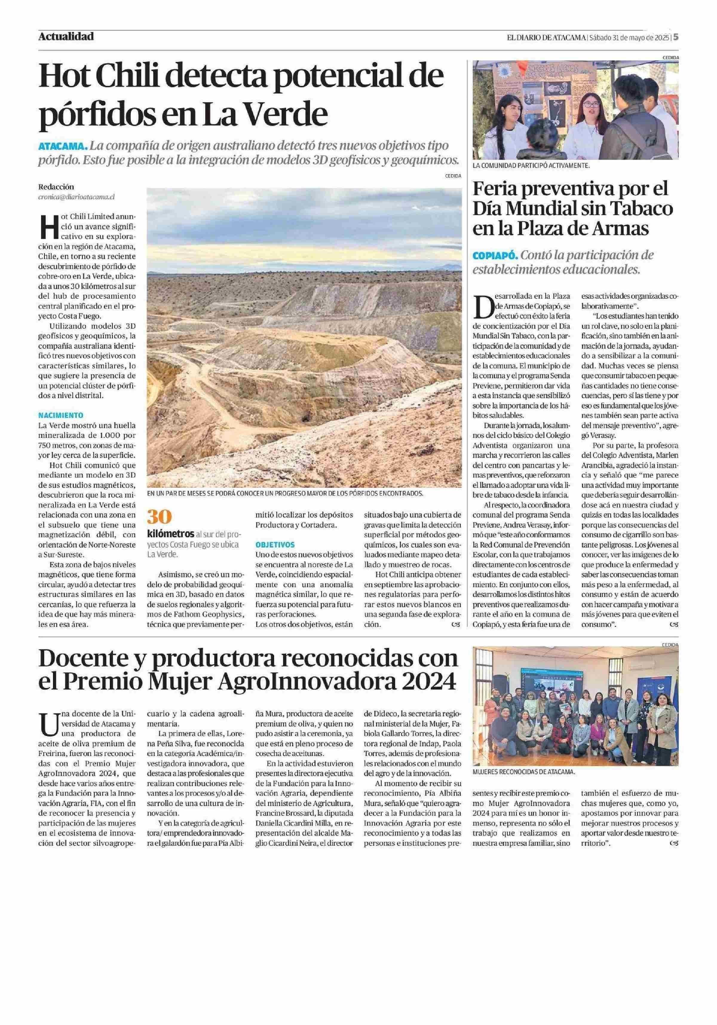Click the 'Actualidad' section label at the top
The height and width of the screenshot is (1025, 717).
pos(66,36)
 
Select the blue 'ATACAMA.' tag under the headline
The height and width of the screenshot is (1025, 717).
pos(62,146)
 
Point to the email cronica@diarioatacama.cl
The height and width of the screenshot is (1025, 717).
pos(76,196)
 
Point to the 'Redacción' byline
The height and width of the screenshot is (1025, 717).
pos(56,187)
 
